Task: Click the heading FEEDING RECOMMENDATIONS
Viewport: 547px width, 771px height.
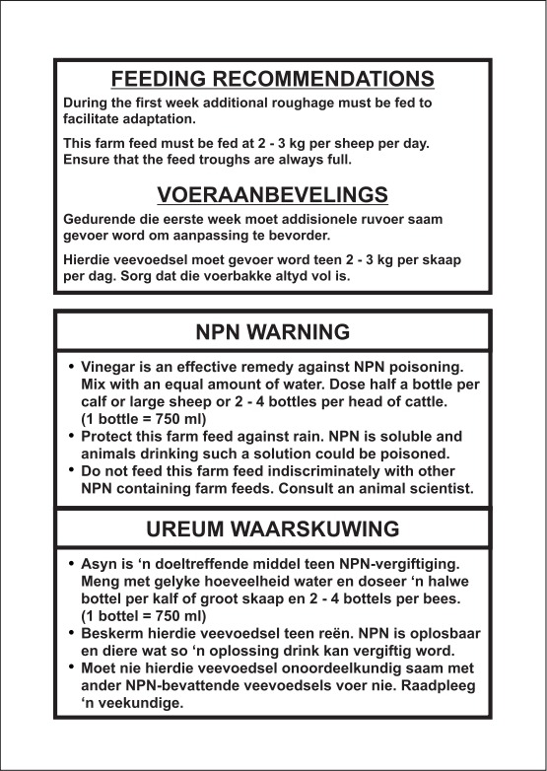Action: pyautogui.click(x=272, y=78)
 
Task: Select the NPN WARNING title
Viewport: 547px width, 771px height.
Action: pyautogui.click(x=273, y=329)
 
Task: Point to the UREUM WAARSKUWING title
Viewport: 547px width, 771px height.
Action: pyautogui.click(x=273, y=528)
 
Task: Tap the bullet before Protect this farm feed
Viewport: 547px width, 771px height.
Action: pyautogui.click(x=71, y=435)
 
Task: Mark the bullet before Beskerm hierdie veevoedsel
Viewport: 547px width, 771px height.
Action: pyautogui.click(x=71, y=633)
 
